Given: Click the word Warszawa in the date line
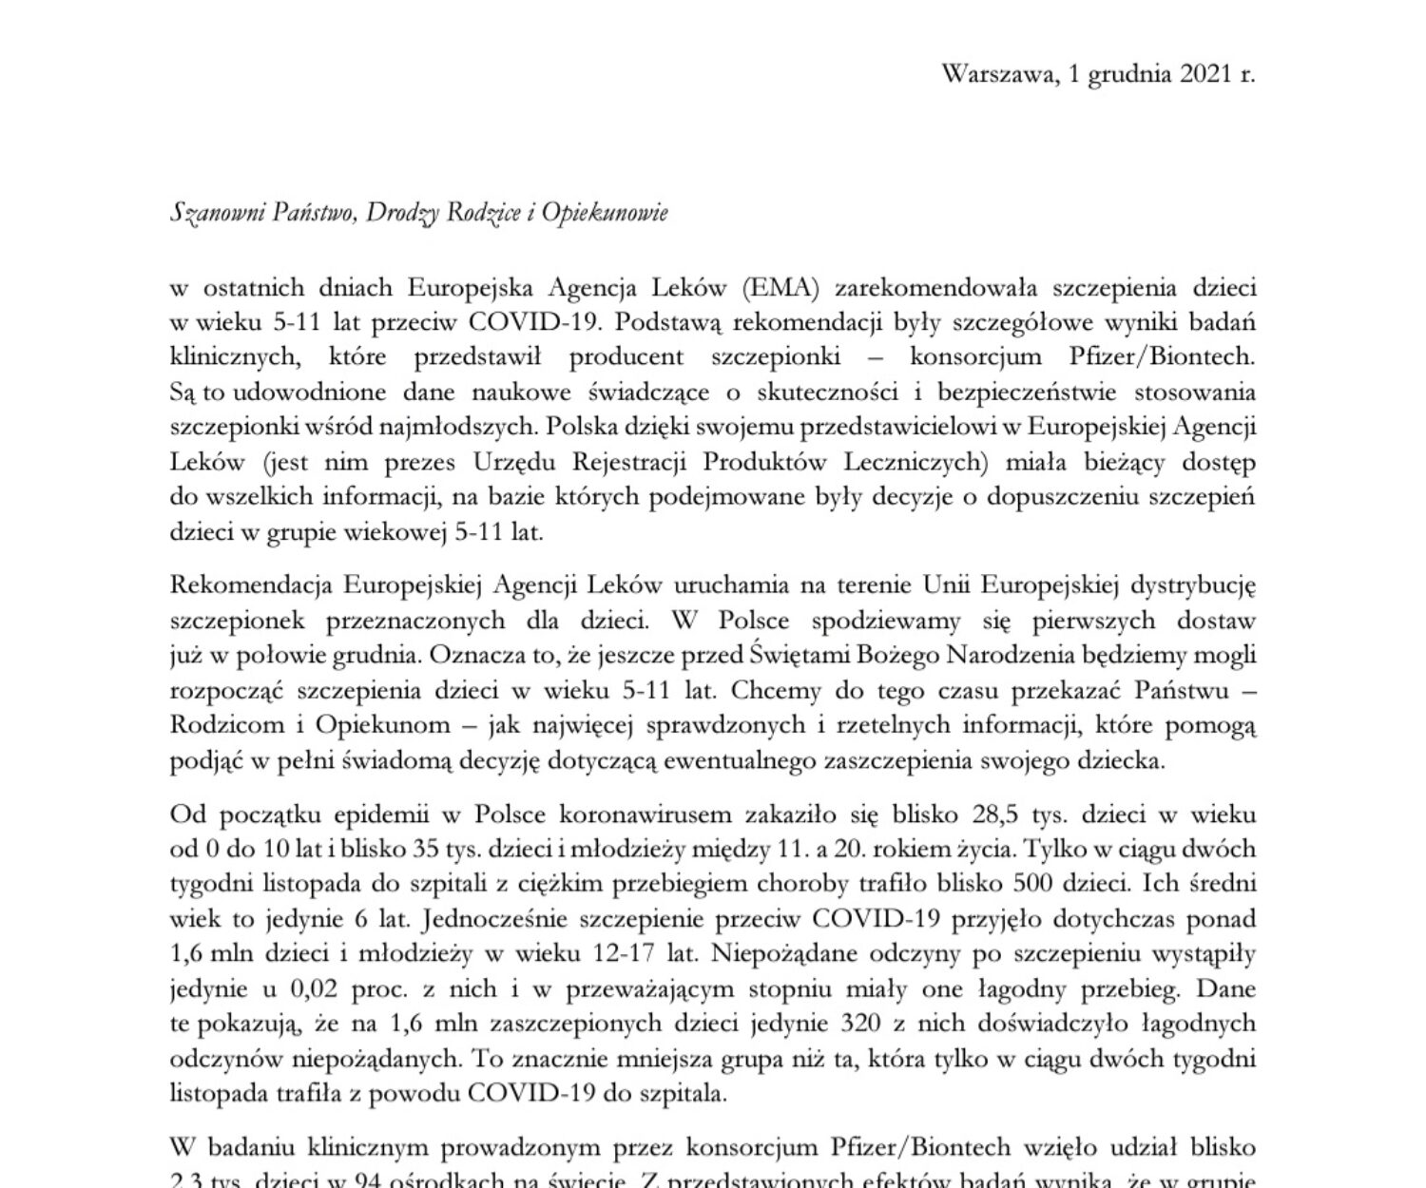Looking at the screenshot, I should (995, 74).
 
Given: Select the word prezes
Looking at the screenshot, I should (420, 463).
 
